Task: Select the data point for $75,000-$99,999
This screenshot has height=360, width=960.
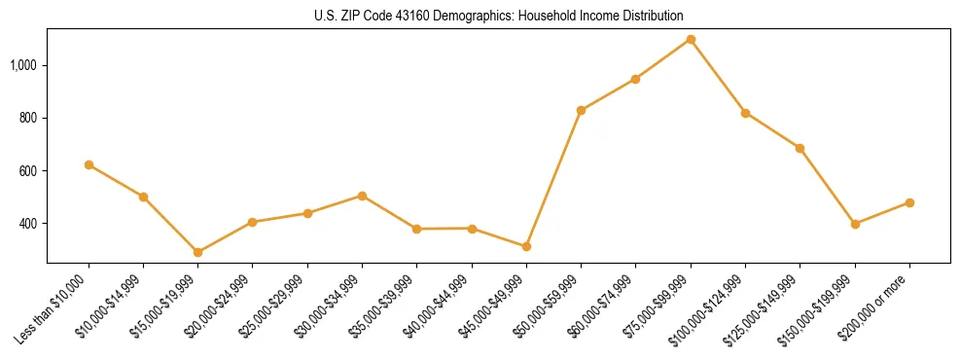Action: click(x=691, y=39)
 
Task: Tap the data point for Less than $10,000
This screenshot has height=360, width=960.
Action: click(x=89, y=165)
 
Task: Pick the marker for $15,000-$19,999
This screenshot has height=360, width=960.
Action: click(x=197, y=252)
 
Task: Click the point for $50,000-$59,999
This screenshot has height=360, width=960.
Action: click(x=581, y=110)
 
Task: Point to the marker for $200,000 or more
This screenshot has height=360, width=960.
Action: click(x=909, y=202)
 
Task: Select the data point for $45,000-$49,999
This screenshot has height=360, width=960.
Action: click(x=526, y=246)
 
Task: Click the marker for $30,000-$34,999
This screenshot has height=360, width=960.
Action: click(x=362, y=196)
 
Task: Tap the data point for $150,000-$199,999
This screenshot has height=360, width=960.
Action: click(x=855, y=224)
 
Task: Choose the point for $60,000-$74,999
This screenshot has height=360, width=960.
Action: click(x=635, y=79)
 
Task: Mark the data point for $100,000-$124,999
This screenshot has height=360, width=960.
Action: click(x=745, y=113)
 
